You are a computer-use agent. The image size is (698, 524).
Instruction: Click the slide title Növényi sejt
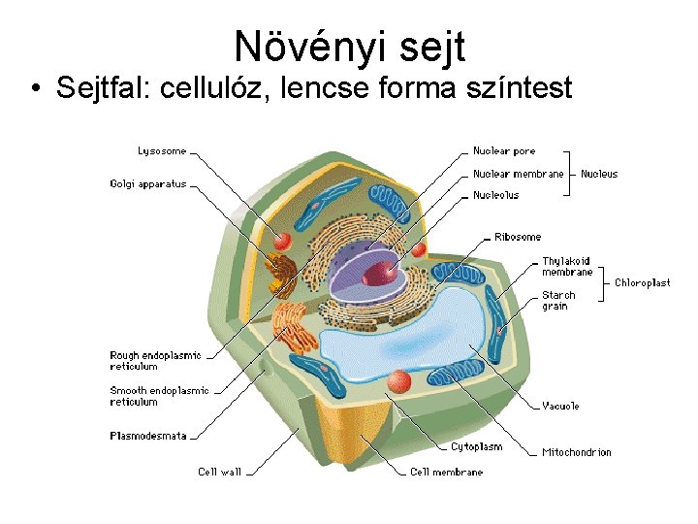350,45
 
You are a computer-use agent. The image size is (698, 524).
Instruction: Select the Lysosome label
162,151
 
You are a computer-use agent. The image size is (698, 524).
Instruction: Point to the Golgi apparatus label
147,183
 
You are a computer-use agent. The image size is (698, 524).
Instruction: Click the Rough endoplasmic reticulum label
155,361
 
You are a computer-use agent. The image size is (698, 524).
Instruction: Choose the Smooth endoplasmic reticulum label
159,396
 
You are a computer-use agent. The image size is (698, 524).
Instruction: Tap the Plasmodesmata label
147,436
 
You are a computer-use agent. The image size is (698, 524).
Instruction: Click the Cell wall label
219,472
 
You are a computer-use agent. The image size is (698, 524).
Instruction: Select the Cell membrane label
446,472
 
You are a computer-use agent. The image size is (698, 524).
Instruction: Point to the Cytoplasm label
476,447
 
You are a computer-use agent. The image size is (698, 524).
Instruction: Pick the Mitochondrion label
577,452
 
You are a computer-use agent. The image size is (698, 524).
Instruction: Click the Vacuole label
560,406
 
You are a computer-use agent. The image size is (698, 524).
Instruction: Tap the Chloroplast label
642,282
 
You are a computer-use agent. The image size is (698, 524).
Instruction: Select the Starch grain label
558,301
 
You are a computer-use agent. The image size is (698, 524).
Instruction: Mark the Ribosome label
518,237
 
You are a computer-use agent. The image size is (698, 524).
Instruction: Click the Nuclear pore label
504,151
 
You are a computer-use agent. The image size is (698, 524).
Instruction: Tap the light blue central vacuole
407,335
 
